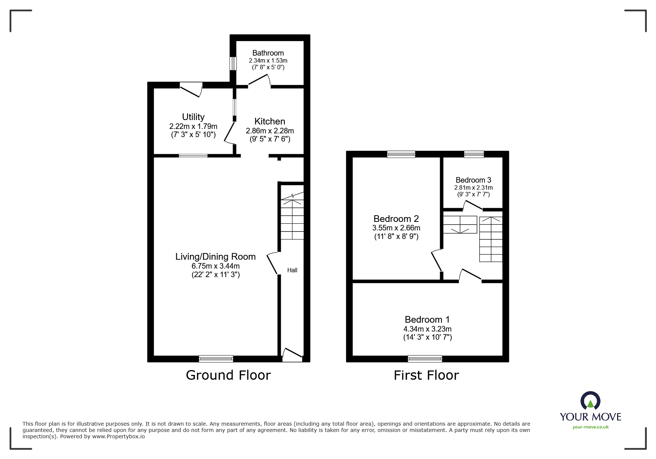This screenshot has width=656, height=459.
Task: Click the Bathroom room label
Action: pos(268,53)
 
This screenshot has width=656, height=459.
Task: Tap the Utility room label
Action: pos(193,117)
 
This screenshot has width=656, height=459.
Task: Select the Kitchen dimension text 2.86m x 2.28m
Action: pos(270,131)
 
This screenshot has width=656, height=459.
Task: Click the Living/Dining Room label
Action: pos(215,256)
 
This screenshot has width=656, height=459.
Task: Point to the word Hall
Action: pos(292,270)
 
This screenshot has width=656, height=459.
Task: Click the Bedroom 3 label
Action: pos(473,180)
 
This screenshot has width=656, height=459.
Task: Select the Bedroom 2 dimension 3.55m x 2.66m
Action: pos(396,228)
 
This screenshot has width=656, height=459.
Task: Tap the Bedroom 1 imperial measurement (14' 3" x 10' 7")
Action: pos(427,337)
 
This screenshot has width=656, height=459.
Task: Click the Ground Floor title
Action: pos(228,375)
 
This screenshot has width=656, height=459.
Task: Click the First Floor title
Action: pos(426,375)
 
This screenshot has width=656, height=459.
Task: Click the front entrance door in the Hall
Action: pos(292,355)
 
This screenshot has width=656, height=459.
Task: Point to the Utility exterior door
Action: pos(191,89)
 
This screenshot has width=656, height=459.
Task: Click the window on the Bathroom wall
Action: pos(233,63)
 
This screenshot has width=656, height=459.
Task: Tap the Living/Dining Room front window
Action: pos(216,358)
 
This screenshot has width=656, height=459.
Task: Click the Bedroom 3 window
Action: pos(474,154)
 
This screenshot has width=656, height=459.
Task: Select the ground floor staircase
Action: pos(292,219)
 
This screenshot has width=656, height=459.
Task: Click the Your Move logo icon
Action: pos(590,402)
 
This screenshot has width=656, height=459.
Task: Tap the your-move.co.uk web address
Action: pos(590,427)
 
